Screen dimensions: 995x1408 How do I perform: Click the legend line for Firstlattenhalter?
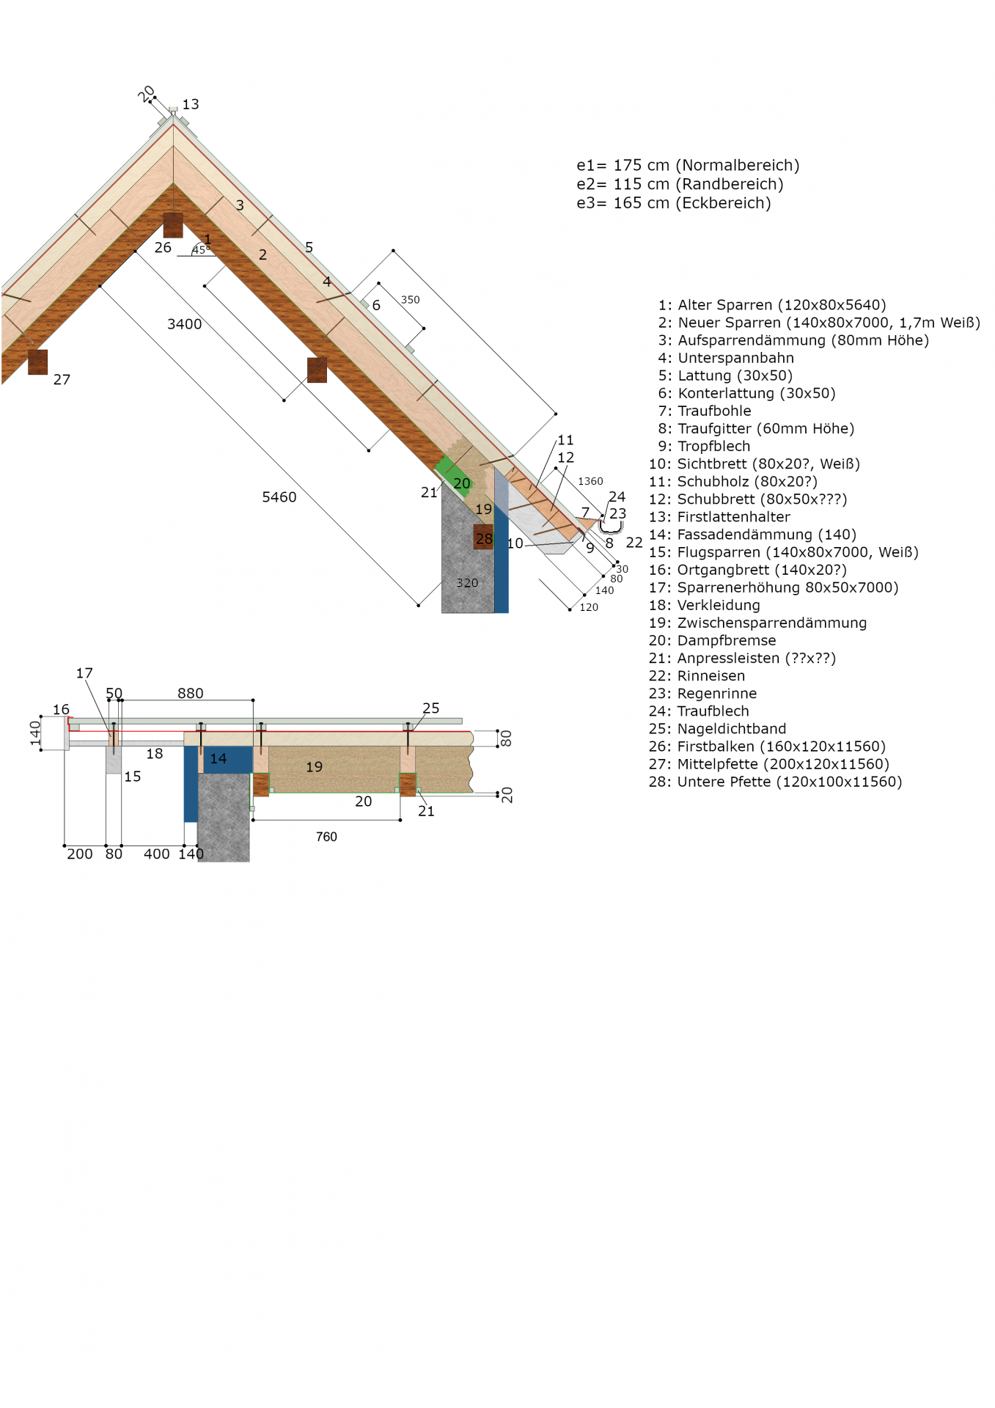(719, 517)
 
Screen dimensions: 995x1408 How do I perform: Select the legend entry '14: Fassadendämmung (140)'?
(752, 535)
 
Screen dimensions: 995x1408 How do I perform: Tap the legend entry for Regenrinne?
(702, 694)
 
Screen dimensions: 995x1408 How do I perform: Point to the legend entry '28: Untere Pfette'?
(775, 782)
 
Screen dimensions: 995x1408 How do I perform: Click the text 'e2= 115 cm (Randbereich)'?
(680, 184)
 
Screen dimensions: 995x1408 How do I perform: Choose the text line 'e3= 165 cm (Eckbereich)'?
(674, 203)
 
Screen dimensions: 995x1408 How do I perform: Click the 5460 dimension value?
(279, 497)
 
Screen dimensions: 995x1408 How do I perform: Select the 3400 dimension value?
(184, 324)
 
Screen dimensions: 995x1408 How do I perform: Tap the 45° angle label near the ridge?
(200, 250)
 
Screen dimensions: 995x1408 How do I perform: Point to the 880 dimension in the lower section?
(191, 693)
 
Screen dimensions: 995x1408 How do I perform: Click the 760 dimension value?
(326, 837)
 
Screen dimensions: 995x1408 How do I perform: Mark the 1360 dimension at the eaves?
(590, 481)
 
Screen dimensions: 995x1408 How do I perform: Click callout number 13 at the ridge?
(191, 104)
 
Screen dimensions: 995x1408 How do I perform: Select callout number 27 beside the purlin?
(62, 380)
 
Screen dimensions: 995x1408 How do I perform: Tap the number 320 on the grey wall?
(467, 583)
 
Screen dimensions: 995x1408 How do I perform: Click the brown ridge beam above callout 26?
(173, 225)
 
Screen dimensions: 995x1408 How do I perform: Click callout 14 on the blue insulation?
(219, 758)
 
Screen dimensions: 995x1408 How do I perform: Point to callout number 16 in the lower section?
(61, 709)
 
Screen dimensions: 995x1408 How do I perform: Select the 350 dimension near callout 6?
(411, 300)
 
